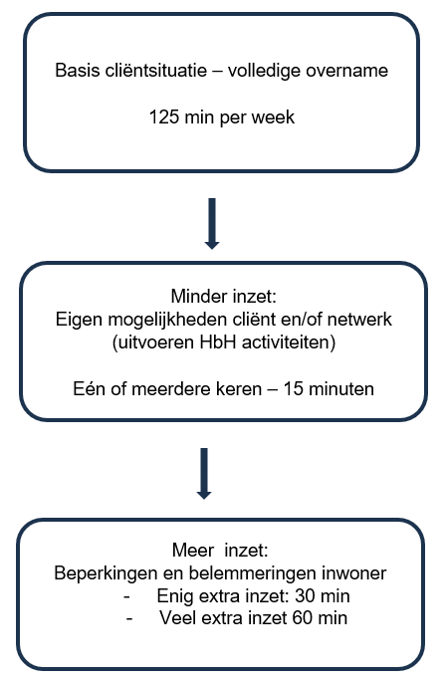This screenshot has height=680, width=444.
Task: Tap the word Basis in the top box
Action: pos(77,73)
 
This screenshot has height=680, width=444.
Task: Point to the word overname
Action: pos(350,73)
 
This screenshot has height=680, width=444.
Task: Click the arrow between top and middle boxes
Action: pos(210,222)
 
